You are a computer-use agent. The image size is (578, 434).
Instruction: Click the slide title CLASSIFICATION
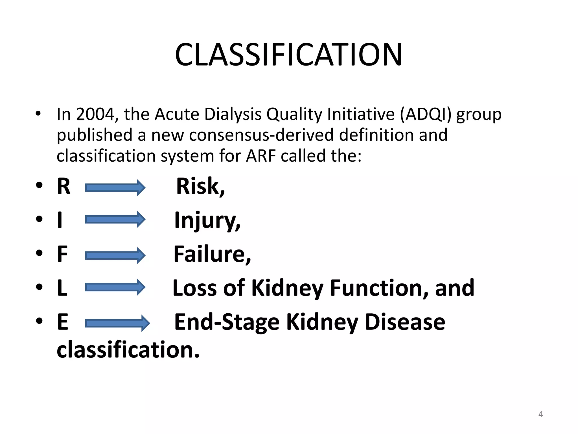tap(288, 55)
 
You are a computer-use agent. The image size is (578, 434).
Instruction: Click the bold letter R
tap(64, 186)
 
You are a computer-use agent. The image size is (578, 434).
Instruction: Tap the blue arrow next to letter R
tap(115, 188)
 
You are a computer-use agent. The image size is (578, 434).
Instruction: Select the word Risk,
tap(200, 186)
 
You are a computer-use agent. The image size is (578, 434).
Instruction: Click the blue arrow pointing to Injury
tap(115, 219)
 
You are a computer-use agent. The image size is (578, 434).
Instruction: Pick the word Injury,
tap(207, 221)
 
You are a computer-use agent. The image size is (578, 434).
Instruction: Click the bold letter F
tap(62, 254)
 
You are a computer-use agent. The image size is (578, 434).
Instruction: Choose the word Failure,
tap(212, 254)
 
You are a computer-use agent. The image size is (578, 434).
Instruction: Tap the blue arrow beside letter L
tap(115, 287)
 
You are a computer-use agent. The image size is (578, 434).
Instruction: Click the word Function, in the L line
tap(380, 288)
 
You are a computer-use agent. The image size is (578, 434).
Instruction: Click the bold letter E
tap(63, 322)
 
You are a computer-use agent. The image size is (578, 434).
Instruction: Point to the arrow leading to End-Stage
tap(117, 323)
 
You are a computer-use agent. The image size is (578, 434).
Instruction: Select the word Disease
tap(405, 322)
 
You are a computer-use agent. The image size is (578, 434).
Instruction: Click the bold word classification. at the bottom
tap(128, 350)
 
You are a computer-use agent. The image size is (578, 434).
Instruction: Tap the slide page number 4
tap(540, 414)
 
